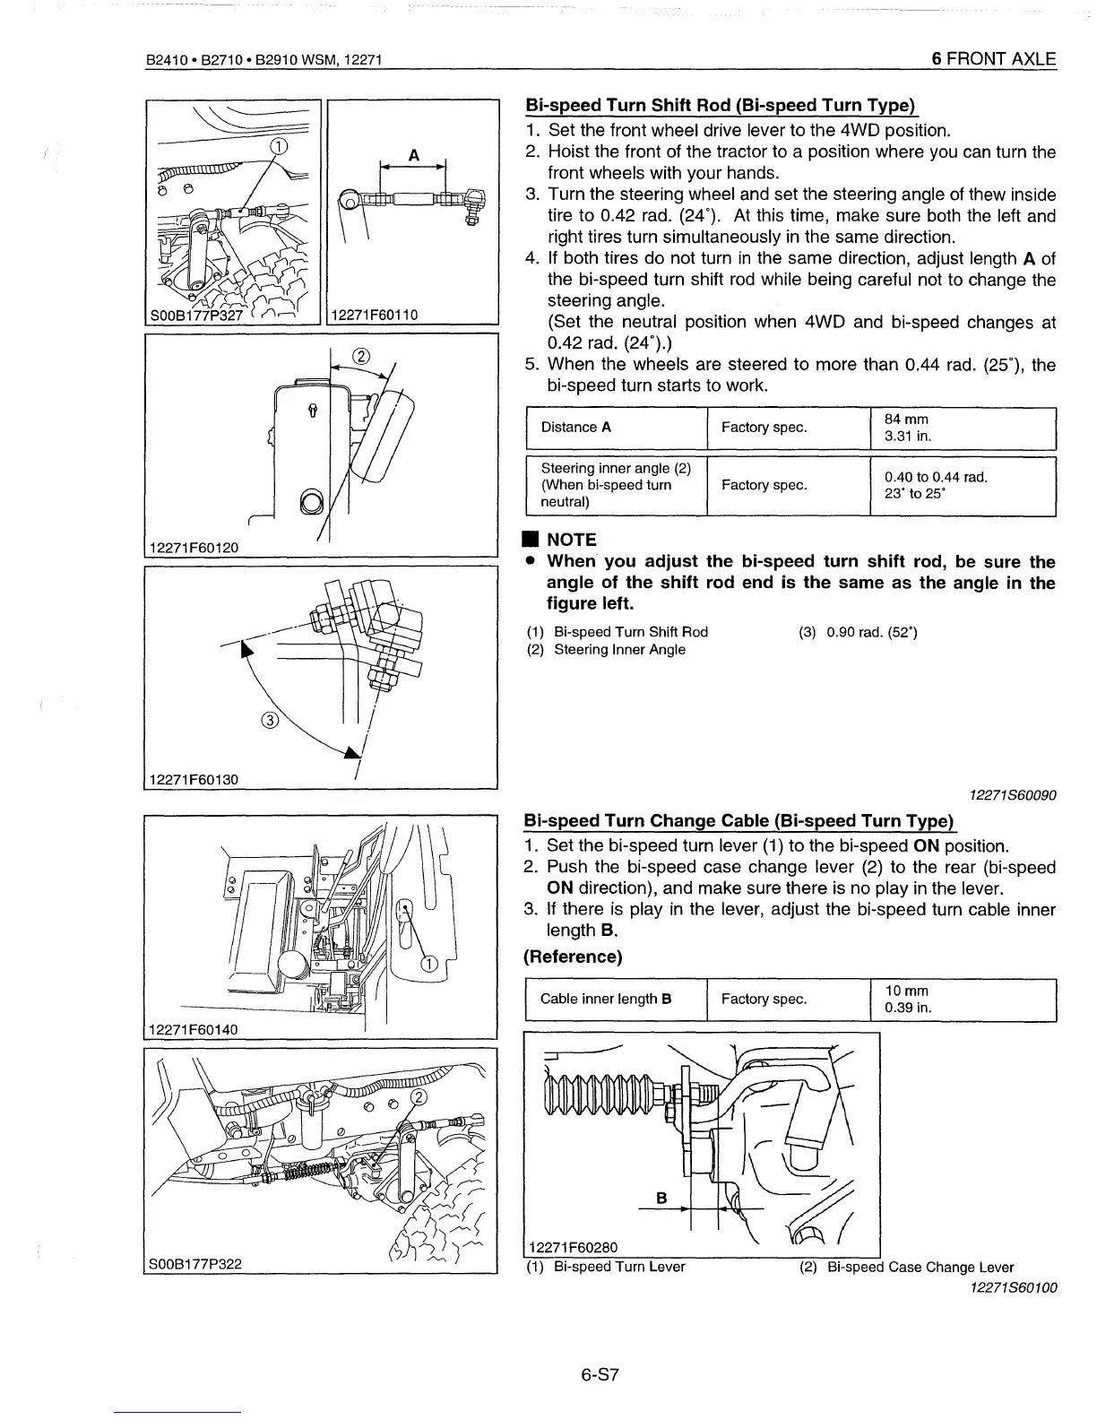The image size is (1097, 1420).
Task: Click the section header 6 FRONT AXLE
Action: point(993,60)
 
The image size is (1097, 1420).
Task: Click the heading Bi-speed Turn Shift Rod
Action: point(719,107)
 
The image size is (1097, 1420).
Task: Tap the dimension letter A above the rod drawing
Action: point(413,155)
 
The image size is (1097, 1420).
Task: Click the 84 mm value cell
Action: point(907,428)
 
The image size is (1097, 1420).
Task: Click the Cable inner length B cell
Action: point(606,999)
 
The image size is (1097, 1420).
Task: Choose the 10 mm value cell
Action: point(907,999)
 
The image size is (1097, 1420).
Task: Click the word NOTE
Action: point(571,540)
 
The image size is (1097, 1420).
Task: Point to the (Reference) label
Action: point(573,957)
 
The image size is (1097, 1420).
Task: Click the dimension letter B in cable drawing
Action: point(662,1198)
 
